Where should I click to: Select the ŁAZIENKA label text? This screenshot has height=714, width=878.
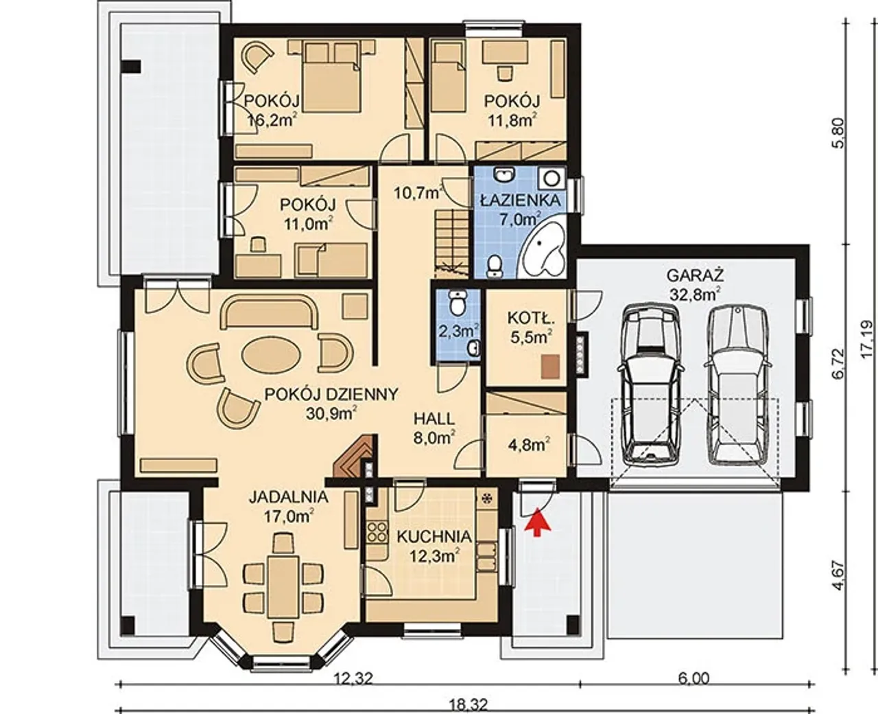click(520, 200)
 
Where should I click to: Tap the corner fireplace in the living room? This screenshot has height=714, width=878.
click(354, 457)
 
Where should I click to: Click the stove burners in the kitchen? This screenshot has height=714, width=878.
click(377, 531)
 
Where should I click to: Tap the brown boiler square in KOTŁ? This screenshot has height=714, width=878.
click(551, 367)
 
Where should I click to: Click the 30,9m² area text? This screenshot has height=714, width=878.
click(331, 414)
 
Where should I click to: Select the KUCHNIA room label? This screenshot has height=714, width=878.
click(434, 537)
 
